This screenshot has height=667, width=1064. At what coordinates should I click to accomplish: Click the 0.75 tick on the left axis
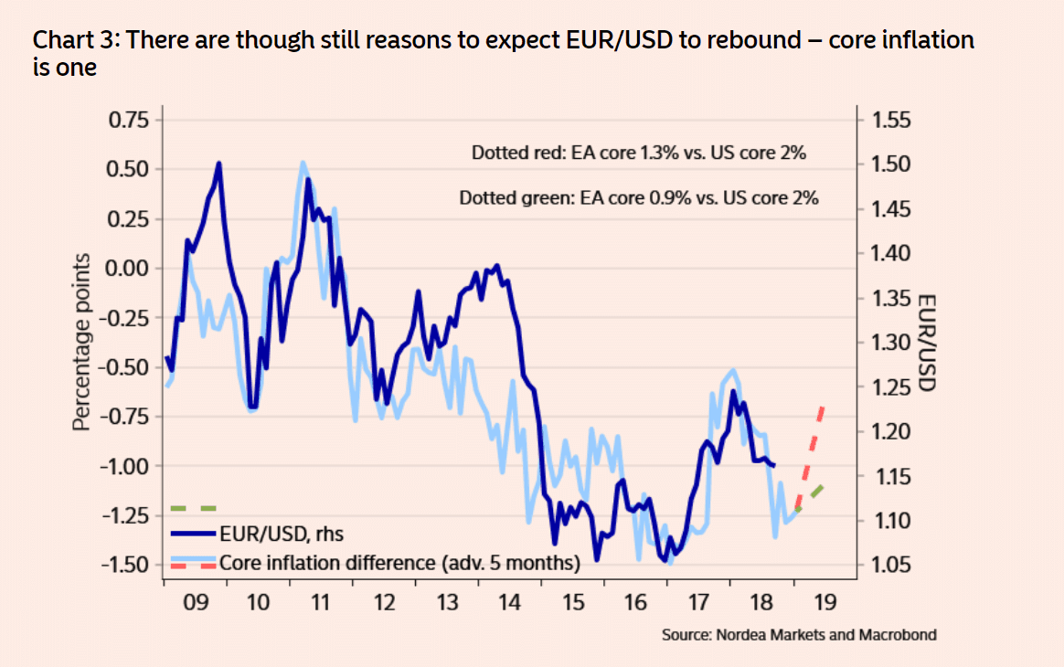pyautogui.click(x=131, y=121)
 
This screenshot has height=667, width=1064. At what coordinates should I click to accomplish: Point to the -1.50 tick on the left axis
pyautogui.click(x=128, y=564)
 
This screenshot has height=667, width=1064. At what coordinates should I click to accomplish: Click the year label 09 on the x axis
pyautogui.click(x=195, y=601)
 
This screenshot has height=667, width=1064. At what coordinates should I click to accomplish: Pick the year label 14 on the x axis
pyautogui.click(x=510, y=601)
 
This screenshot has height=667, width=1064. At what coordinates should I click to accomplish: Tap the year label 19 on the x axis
pyautogui.click(x=825, y=601)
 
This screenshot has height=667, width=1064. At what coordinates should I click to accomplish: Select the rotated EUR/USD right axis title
pyautogui.click(x=925, y=343)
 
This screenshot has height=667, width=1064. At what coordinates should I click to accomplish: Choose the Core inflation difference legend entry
pyautogui.click(x=399, y=562)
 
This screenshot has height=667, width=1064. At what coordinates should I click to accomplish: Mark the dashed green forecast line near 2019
pyautogui.click(x=812, y=498)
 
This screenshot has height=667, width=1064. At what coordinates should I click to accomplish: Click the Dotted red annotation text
pyautogui.click(x=638, y=154)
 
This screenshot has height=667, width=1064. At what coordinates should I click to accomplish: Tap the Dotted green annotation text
pyautogui.click(x=638, y=197)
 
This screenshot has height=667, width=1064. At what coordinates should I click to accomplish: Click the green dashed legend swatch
pyautogui.click(x=193, y=507)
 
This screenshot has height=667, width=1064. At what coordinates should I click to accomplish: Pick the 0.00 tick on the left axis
pyautogui.click(x=131, y=269)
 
